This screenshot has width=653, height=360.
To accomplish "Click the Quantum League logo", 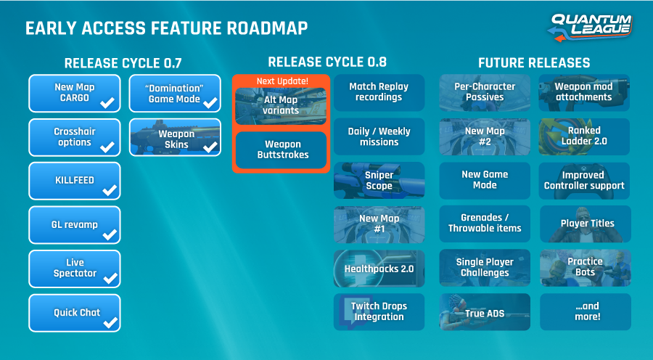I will [x=591, y=27].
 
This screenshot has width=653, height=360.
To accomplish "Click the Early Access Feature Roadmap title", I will [x=166, y=28].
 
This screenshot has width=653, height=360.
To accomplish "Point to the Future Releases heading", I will [x=533, y=63].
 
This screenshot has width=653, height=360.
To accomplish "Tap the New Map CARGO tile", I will [x=75, y=93].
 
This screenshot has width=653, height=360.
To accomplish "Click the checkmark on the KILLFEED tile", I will [x=110, y=191].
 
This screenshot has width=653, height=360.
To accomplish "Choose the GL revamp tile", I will [x=75, y=225].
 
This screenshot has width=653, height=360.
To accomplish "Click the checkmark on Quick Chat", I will [x=110, y=322].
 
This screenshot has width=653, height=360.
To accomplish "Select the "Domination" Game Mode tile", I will [x=174, y=93].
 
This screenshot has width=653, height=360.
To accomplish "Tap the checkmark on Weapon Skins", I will [x=210, y=147].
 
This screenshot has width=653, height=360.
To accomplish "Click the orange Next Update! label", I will [x=282, y=81].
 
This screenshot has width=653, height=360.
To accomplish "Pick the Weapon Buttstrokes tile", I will [x=282, y=150].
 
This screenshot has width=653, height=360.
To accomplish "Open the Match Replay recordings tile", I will [x=379, y=92].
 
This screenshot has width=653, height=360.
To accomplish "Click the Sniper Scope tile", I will [x=379, y=180].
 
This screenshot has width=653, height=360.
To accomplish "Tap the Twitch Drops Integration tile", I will [x=379, y=311].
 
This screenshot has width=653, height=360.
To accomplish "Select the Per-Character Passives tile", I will [x=485, y=92].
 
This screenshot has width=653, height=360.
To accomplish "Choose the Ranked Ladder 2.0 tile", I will [x=585, y=136].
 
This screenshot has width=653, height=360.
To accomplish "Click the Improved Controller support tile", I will [x=585, y=180].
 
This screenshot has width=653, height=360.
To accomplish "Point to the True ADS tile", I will [x=485, y=312].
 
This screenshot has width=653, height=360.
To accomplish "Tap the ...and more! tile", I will [x=585, y=312].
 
